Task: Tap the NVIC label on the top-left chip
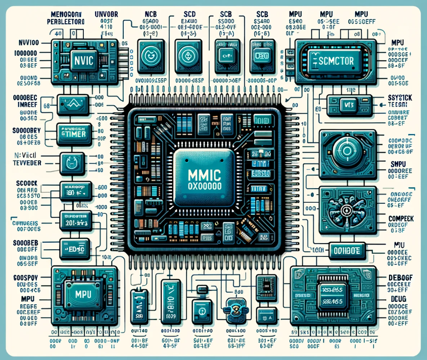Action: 83,59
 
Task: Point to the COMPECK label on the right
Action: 401,218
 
